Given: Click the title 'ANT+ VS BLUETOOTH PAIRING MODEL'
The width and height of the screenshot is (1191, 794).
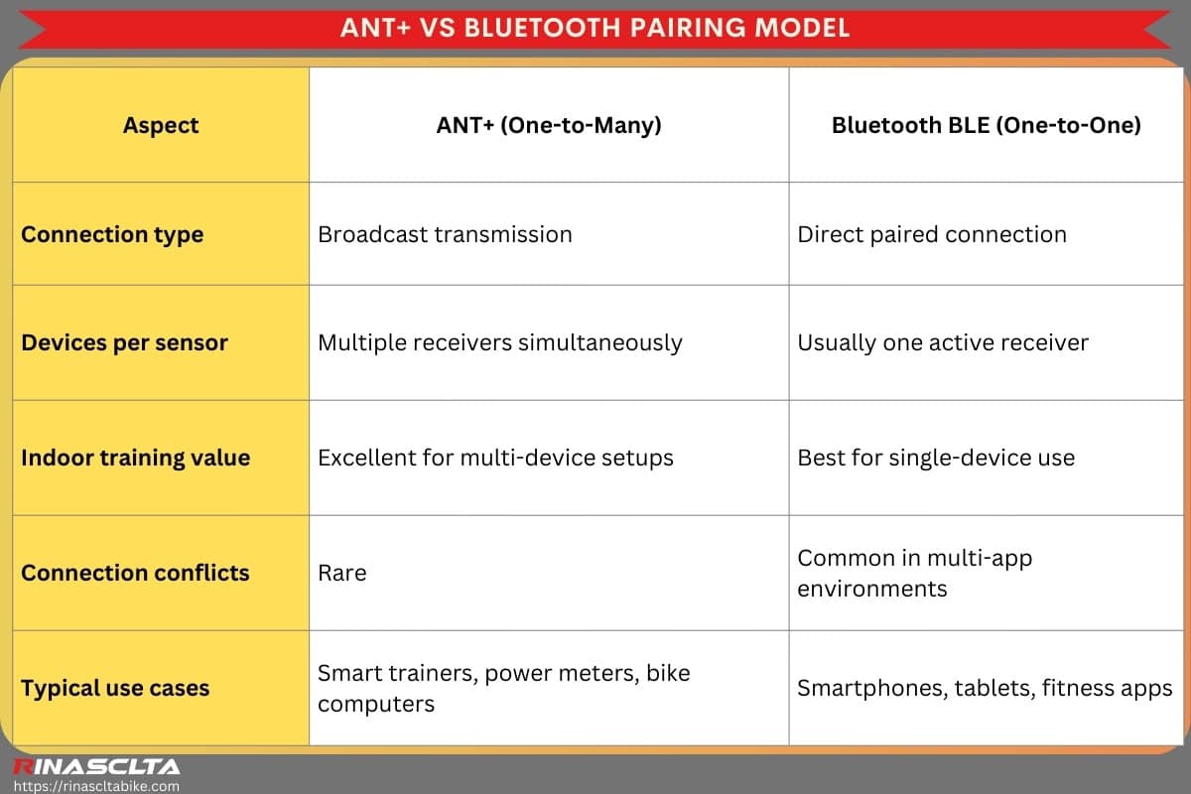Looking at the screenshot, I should (x=595, y=27).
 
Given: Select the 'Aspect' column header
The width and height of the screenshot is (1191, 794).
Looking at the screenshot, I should (x=161, y=125).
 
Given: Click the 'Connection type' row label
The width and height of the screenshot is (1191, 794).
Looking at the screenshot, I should (x=112, y=234).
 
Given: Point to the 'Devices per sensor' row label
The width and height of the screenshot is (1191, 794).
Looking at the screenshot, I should (x=124, y=342).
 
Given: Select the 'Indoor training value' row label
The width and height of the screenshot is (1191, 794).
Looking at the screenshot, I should (x=135, y=458).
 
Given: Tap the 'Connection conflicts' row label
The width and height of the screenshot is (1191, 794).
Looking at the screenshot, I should (x=135, y=573).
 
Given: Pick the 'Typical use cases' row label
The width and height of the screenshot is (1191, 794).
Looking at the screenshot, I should (x=115, y=688).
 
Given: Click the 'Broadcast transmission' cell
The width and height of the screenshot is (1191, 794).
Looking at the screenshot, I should (x=445, y=234).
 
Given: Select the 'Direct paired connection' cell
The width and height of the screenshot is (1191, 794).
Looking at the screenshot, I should (x=932, y=234).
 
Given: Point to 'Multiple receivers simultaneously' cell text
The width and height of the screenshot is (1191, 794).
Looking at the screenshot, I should (x=499, y=342).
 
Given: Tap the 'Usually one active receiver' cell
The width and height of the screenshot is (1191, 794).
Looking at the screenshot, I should (x=943, y=342).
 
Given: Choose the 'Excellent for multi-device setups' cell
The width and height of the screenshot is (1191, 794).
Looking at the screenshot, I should (x=495, y=458).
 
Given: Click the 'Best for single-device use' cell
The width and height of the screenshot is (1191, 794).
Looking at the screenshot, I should (x=936, y=458).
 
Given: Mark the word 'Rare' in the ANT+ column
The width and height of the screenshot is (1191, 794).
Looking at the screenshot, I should (x=341, y=573).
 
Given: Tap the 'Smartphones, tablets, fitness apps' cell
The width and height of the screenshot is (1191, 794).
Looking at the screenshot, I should (x=985, y=688).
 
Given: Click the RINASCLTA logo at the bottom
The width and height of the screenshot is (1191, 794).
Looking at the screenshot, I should (x=95, y=766).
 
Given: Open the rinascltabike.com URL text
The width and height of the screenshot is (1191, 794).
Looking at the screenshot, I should (x=95, y=785).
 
